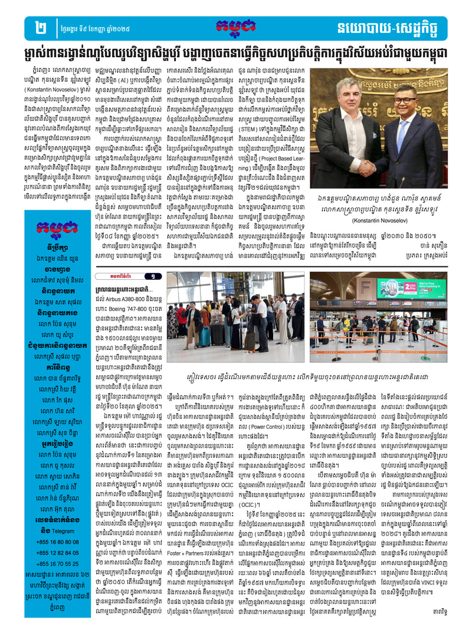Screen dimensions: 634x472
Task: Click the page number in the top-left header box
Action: (x=41, y=27)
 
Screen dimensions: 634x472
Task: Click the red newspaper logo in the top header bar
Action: (x=236, y=27)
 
